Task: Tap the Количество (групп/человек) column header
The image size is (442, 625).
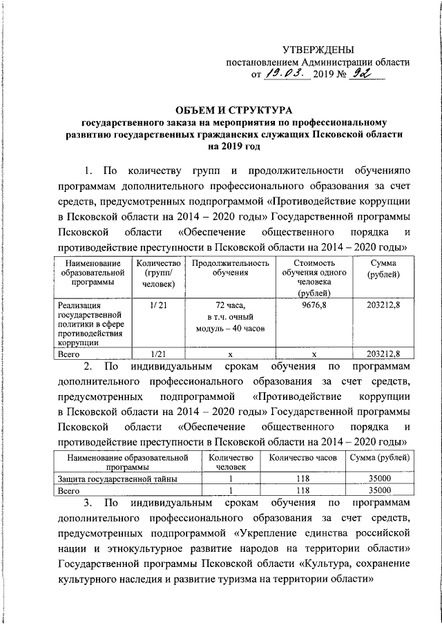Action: click(x=159, y=273)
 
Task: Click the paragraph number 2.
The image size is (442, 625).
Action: click(x=88, y=365)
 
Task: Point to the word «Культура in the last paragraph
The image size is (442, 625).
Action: click(x=325, y=564)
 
